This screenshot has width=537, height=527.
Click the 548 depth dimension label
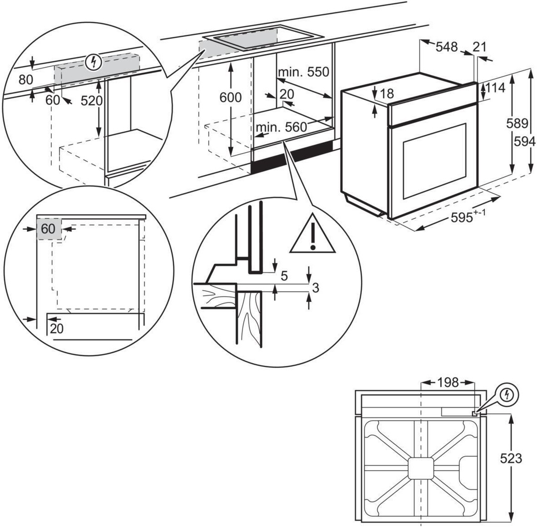coord(447,46)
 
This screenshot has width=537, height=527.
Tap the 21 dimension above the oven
coord(479,46)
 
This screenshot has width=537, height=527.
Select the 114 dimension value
coord(495,88)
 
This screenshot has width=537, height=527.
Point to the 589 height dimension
coord(517,123)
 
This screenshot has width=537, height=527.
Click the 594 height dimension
coord(525,142)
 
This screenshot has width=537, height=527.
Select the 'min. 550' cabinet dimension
coord(303,72)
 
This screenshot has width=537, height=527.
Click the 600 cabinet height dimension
coord(230,98)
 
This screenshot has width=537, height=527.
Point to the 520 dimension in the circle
coord(92,100)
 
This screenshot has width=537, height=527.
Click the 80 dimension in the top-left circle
coord(26,79)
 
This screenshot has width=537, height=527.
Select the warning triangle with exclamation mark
coord(312,235)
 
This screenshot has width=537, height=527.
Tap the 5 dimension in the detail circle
coord(284,276)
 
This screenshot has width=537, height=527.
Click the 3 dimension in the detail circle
coord(316,287)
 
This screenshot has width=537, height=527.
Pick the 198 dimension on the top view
coord(448,383)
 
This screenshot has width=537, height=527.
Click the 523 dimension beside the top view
coord(511,458)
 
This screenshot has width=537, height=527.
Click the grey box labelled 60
coord(48,229)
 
